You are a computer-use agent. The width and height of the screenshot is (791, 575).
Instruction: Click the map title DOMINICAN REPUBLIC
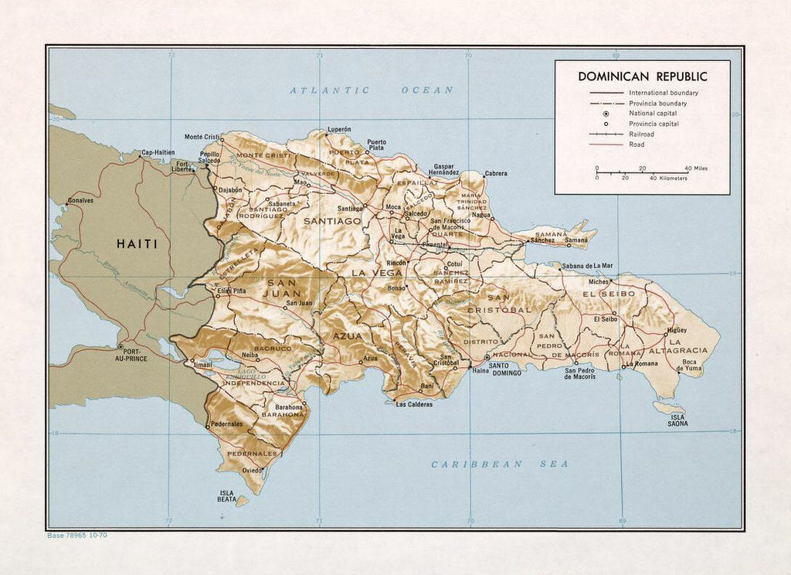643,77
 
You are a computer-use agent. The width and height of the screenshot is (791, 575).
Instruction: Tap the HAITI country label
137,243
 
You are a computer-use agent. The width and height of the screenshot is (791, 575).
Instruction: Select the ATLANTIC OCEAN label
372,90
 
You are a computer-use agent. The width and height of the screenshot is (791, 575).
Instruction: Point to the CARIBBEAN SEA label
500,464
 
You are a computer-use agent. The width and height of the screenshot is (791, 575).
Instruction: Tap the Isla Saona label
677,420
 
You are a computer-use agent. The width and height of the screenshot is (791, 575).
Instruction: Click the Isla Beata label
226,496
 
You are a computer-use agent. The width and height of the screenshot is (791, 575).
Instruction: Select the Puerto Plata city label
376,145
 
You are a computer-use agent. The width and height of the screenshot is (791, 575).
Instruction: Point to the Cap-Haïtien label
158,152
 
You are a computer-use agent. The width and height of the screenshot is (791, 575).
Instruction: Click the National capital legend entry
653,114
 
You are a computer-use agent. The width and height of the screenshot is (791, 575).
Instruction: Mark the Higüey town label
676,330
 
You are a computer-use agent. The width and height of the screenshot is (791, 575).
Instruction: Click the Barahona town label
285,407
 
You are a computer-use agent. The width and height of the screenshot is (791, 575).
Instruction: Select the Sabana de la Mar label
587,266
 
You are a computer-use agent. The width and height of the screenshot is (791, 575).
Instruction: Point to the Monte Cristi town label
202,137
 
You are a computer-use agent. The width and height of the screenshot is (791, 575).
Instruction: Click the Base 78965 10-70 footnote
76,534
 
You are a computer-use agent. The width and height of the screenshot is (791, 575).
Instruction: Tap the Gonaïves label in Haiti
80,200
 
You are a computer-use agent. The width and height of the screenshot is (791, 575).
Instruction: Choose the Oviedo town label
252,470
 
